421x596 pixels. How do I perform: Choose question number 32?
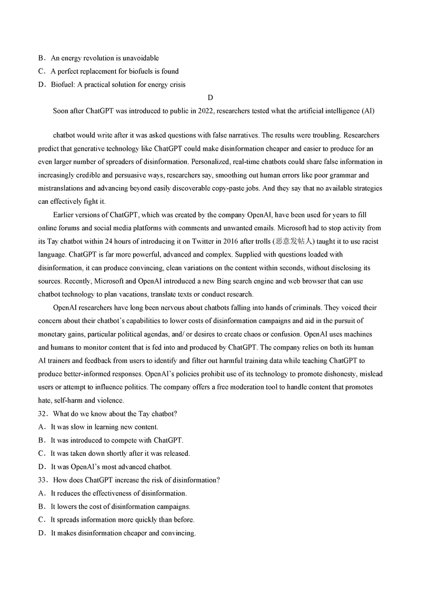[x=43, y=414]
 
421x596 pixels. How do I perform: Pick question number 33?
[x=43, y=480]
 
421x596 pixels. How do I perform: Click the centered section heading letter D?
[x=210, y=97]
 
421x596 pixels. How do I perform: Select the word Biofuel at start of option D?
[x=63, y=84]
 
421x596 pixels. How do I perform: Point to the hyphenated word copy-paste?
[x=240, y=188]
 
